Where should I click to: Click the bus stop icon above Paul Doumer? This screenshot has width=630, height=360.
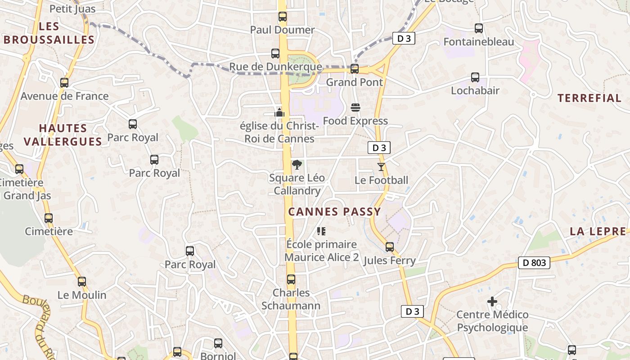click(x=283, y=17)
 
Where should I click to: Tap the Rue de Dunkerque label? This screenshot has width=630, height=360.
click(x=275, y=67)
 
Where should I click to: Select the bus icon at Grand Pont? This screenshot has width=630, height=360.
click(x=355, y=69)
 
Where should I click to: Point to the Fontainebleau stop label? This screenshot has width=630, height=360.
click(x=478, y=42)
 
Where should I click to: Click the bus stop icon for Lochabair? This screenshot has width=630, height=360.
click(x=475, y=77)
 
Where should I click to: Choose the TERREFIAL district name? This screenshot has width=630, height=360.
click(x=589, y=98)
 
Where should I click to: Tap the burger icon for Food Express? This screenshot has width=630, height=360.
click(x=355, y=108)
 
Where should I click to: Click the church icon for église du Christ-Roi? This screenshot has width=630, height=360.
click(x=280, y=112)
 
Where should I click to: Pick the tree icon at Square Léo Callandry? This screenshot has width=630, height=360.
click(x=297, y=165)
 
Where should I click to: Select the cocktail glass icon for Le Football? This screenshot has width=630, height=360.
click(x=381, y=167)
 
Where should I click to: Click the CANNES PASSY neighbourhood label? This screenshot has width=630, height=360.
click(x=334, y=211)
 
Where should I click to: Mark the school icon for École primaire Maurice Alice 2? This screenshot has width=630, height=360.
click(x=321, y=231)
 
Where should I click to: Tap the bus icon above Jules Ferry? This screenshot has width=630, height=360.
click(x=390, y=247)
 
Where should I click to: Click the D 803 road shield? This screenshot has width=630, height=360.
click(x=534, y=263)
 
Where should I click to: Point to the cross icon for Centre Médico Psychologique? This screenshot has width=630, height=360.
click(x=492, y=301)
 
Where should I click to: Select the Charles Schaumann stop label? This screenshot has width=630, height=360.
click(x=291, y=299)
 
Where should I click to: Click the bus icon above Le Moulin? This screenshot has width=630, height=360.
click(x=82, y=282)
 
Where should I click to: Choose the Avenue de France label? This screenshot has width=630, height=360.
click(x=64, y=96)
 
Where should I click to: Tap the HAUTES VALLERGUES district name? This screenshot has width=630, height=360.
click(x=63, y=135)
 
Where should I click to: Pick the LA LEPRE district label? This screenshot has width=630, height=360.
click(x=598, y=231)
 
